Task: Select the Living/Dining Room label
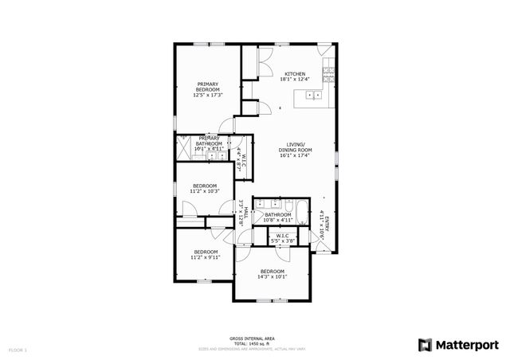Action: [x=295, y=150]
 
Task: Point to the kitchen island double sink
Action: [x=314, y=96]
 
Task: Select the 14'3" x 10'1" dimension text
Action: [x=272, y=277]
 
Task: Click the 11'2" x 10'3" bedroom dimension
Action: [x=204, y=191]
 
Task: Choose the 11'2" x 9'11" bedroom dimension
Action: [x=204, y=257]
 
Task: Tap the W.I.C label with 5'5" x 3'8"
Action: [x=282, y=237]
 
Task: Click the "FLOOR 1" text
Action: [x=18, y=349]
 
